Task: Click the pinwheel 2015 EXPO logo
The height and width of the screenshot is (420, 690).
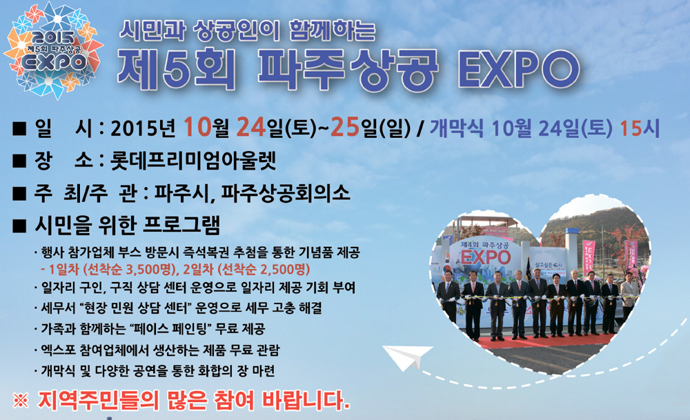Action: pos(53,50)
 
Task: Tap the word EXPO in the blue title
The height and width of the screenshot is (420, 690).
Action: pos(519,70)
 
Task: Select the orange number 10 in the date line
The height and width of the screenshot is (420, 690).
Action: pos(197,127)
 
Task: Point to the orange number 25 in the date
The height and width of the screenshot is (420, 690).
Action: pos(344,127)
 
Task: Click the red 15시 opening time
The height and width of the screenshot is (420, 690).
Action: pos(640,128)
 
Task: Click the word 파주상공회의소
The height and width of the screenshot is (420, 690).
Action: pos(285,193)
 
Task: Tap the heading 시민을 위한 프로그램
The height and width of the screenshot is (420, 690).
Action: pos(127,226)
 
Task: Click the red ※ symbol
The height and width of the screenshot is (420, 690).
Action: pos(21,400)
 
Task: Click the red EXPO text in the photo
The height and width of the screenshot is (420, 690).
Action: pos(485,257)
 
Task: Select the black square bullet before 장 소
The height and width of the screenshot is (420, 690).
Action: pos(19,161)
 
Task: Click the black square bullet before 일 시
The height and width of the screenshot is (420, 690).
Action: pos(19,128)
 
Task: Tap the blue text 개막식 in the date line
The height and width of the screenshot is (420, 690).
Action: pos(456,128)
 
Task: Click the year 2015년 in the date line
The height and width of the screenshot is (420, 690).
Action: pos(144,128)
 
